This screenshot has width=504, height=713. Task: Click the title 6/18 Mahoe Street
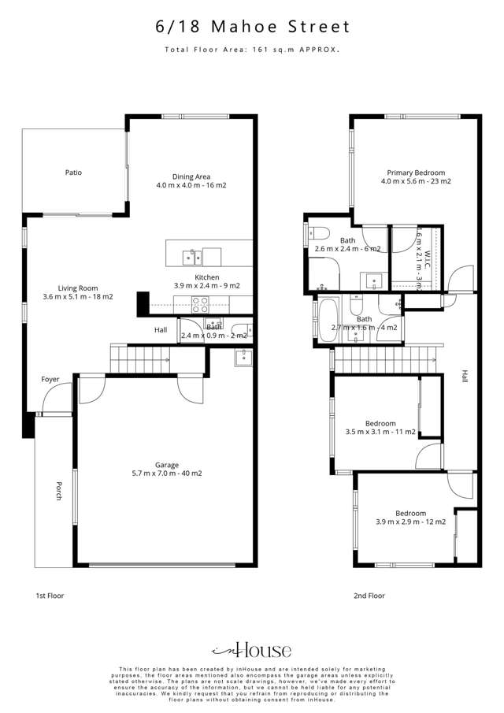pos(252,27)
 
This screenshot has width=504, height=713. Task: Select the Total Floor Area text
pos(252,50)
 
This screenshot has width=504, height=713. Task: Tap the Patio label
pos(73,172)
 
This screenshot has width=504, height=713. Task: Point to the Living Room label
pos(78,292)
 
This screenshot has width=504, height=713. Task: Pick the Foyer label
pos(50,380)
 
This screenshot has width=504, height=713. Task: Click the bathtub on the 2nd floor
pos(327,321)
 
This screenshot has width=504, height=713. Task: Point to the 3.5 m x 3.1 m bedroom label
pos(380,427)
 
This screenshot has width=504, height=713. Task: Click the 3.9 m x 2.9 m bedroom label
pos(410,517)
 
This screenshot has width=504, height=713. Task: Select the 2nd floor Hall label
pos(464,378)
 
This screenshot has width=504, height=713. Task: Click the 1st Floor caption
pos(50,596)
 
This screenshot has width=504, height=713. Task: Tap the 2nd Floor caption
pos(369,596)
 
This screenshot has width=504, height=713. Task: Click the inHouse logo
pos(252,650)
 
